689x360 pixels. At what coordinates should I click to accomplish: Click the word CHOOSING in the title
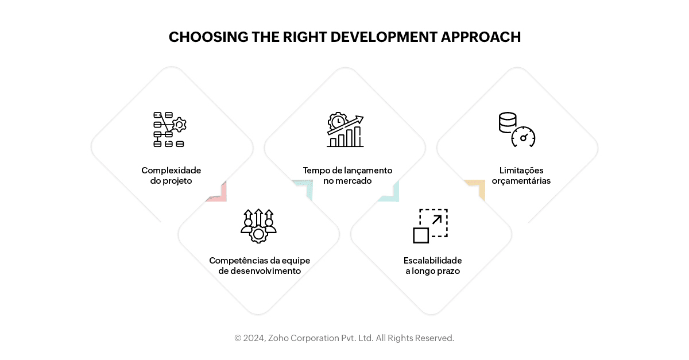click(x=208, y=37)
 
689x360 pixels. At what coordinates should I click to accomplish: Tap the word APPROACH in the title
click(x=481, y=37)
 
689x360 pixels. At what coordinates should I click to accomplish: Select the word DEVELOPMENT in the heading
click(x=384, y=37)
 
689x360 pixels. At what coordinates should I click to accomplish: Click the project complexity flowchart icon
click(x=170, y=130)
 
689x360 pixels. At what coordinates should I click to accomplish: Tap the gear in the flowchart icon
click(x=179, y=125)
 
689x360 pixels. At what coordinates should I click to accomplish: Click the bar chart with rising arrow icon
click(x=345, y=130)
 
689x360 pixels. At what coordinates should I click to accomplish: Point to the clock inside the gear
click(x=338, y=122)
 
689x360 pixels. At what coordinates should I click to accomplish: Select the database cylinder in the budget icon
click(x=508, y=122)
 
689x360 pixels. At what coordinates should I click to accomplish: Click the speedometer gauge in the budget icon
click(x=523, y=137)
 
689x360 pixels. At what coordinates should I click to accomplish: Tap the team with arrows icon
click(x=258, y=226)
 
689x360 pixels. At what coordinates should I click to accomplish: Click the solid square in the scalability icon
click(x=421, y=235)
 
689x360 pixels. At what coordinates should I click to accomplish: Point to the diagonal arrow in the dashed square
click(x=437, y=220)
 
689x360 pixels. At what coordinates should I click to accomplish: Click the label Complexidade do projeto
click(x=171, y=175)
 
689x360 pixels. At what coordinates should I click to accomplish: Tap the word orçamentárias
click(x=521, y=181)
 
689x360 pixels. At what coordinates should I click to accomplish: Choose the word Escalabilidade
click(x=432, y=261)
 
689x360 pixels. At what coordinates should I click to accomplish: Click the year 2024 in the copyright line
click(x=254, y=338)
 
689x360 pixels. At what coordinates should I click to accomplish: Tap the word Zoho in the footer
click(x=278, y=338)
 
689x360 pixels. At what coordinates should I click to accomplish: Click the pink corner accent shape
click(x=219, y=193)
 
